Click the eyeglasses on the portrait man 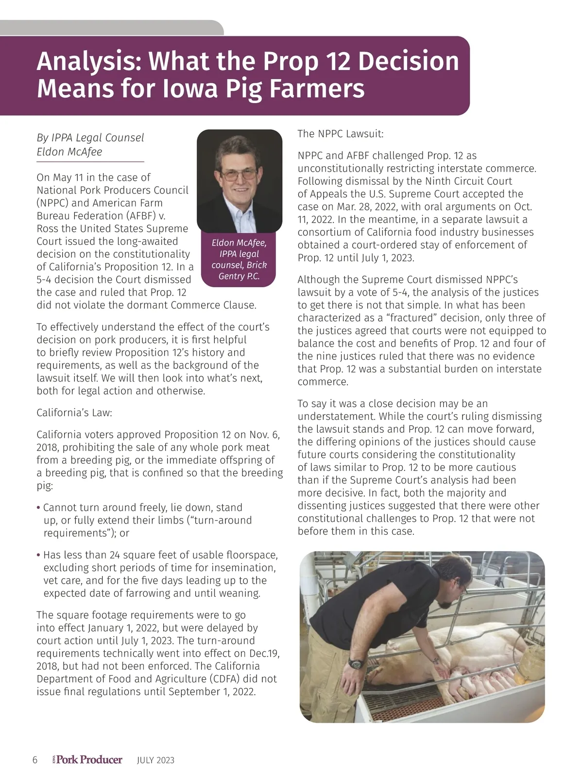click(239, 174)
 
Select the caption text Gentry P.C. click(239, 276)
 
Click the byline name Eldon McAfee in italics click(69, 152)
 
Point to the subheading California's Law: click(74, 413)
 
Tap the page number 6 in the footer click(34, 760)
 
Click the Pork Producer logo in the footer click(87, 760)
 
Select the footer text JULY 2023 click(155, 760)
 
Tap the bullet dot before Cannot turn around click(38, 508)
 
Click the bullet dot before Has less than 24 click(38, 555)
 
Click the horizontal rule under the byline click(90, 161)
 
